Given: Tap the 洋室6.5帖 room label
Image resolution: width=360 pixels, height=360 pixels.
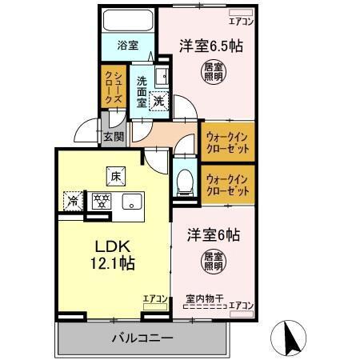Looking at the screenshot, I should pos(211,47).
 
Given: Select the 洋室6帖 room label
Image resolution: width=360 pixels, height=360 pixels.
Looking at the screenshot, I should pos(214,236).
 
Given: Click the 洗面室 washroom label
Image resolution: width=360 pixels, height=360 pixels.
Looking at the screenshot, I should pos(142,91).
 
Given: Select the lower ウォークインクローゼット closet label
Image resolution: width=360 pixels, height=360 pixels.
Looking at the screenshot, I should pos(228,186).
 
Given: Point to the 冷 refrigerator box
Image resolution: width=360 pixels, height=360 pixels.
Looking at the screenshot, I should pos(74,201).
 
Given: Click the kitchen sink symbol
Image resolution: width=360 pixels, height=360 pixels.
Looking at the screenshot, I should pos(131,201).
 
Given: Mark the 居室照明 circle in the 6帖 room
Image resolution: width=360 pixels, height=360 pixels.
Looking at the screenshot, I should pos(213,262).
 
